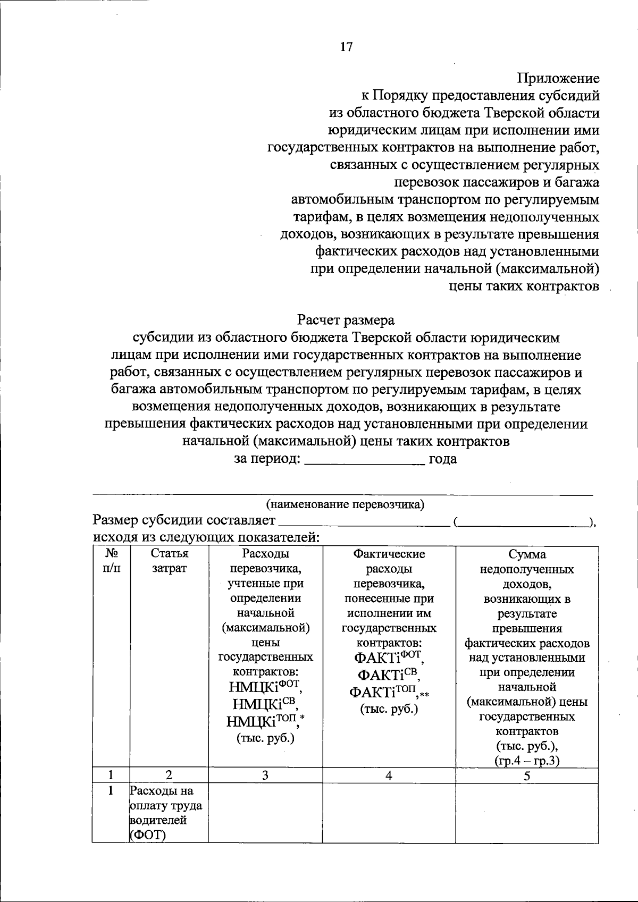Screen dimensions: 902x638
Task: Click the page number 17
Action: tap(346, 47)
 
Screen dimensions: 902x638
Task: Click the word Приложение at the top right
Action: tap(558, 79)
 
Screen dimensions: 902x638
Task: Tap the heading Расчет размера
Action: tap(346, 321)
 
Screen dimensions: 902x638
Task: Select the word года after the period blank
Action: tap(443, 459)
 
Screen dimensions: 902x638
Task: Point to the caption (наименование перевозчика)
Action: tap(345, 504)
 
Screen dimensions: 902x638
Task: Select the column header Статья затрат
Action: tap(169, 561)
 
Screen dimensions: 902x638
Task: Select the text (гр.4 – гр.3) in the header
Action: tap(527, 761)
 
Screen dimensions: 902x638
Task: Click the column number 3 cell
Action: tap(265, 775)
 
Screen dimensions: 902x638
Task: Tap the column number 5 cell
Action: tap(527, 775)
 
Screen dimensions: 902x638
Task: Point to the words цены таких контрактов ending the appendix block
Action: tap(524, 286)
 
